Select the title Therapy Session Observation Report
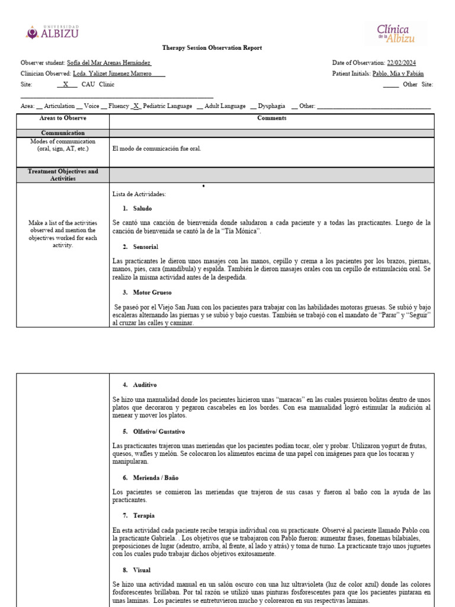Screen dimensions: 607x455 tap(212, 48)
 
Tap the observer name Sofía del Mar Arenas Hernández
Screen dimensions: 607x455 tap(109, 63)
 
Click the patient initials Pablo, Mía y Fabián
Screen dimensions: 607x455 tap(398, 74)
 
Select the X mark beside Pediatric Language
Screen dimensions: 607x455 tap(136, 106)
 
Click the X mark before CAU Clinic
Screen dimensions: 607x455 tap(66, 84)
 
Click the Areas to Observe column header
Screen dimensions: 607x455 tap(63, 118)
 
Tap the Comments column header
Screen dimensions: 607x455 tap(271, 118)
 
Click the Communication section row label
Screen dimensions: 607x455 tap(63, 133)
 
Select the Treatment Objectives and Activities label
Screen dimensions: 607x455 tap(63, 175)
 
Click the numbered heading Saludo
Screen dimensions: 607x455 tap(142, 209)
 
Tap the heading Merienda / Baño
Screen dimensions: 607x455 tap(155, 477)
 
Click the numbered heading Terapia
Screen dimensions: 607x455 tap(142, 516)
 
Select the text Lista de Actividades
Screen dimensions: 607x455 tap(139, 194)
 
